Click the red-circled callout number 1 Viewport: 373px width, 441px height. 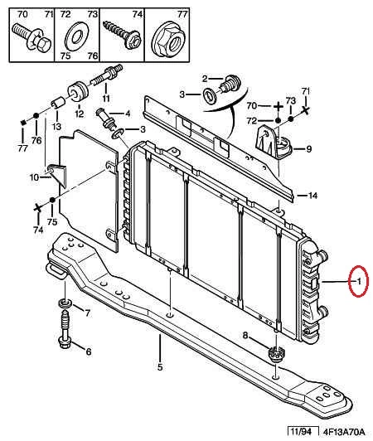359,281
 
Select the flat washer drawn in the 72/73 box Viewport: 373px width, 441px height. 76,36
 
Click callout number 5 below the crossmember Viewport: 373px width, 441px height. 160,366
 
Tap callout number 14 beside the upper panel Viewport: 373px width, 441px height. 312,195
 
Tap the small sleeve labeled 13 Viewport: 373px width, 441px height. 58,103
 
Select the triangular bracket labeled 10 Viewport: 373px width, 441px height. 57,174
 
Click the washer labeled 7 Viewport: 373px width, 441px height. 65,303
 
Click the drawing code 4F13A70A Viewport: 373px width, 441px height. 344,431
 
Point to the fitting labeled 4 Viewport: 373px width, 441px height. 105,119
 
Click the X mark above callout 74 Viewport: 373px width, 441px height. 37,209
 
